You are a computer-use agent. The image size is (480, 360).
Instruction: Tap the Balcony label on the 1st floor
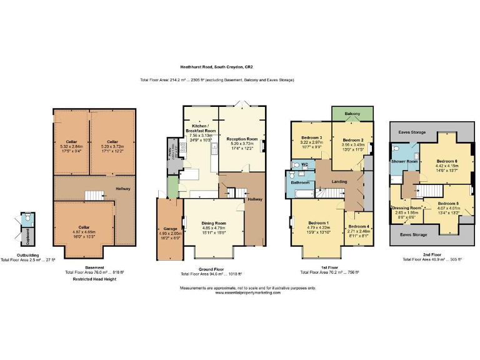pos(352,114)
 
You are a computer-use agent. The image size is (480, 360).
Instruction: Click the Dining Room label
pos(213,222)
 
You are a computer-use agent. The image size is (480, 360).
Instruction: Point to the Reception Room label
pos(242,139)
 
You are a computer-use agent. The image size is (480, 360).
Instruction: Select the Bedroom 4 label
pos(359,226)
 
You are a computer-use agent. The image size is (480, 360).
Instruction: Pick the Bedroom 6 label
pos(447,161)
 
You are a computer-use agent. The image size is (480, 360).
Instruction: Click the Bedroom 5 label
pos(447,204)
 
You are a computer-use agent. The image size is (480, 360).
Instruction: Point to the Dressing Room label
pos(407,207)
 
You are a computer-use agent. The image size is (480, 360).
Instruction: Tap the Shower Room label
pos(403,161)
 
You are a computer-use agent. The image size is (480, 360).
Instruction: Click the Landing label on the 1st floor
pos(339,182)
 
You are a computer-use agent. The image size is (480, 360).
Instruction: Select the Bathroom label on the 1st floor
pos(300,182)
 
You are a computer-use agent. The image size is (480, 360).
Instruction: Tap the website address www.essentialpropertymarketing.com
pos(247,292)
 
